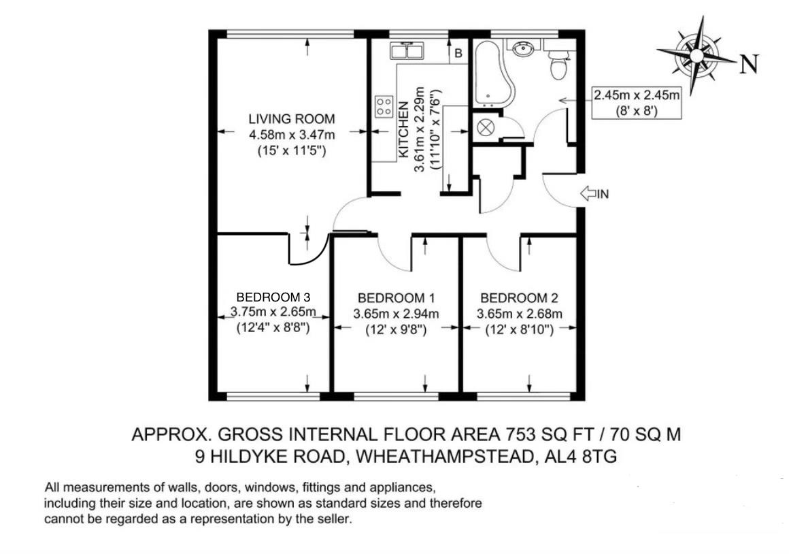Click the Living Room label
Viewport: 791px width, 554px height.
[x=292, y=119]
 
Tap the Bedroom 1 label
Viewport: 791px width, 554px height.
[x=396, y=298]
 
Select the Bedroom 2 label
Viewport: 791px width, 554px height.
[x=520, y=298]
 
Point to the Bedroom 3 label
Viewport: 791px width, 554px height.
[x=273, y=297]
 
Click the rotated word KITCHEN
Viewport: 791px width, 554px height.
[x=403, y=129]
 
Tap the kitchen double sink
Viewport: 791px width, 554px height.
[x=407, y=51]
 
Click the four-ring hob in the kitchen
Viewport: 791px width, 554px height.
[x=384, y=107]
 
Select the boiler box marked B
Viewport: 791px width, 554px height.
[x=458, y=53]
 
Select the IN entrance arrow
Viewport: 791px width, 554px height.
[x=594, y=193]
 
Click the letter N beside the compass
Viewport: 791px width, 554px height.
[x=749, y=64]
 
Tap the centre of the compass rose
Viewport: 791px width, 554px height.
[x=696, y=54]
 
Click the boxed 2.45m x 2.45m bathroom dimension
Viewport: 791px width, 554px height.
[x=637, y=103]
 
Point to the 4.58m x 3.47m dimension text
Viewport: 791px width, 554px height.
[x=292, y=135]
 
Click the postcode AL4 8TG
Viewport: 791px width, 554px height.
[x=581, y=457]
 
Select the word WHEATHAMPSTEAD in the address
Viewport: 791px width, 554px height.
[x=445, y=457]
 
